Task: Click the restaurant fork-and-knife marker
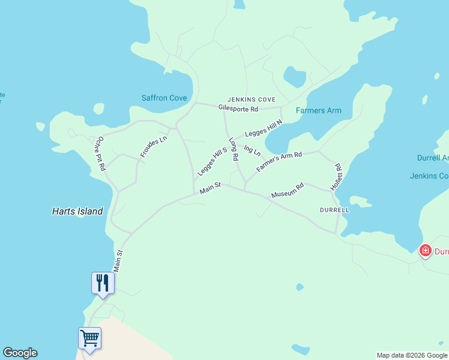click(102, 283)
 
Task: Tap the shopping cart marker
click(89, 338)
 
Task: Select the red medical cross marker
click(426, 250)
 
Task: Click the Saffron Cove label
click(164, 98)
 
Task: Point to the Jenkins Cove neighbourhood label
click(251, 99)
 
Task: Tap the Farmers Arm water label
click(318, 110)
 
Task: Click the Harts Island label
click(77, 211)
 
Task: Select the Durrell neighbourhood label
click(334, 211)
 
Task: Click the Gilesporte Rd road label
click(238, 109)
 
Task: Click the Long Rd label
click(234, 149)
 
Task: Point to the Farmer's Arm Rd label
click(279, 162)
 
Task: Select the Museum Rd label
click(288, 191)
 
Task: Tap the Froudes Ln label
click(153, 147)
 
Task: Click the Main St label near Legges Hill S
click(211, 188)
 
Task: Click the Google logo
click(20, 353)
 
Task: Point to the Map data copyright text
click(411, 355)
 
